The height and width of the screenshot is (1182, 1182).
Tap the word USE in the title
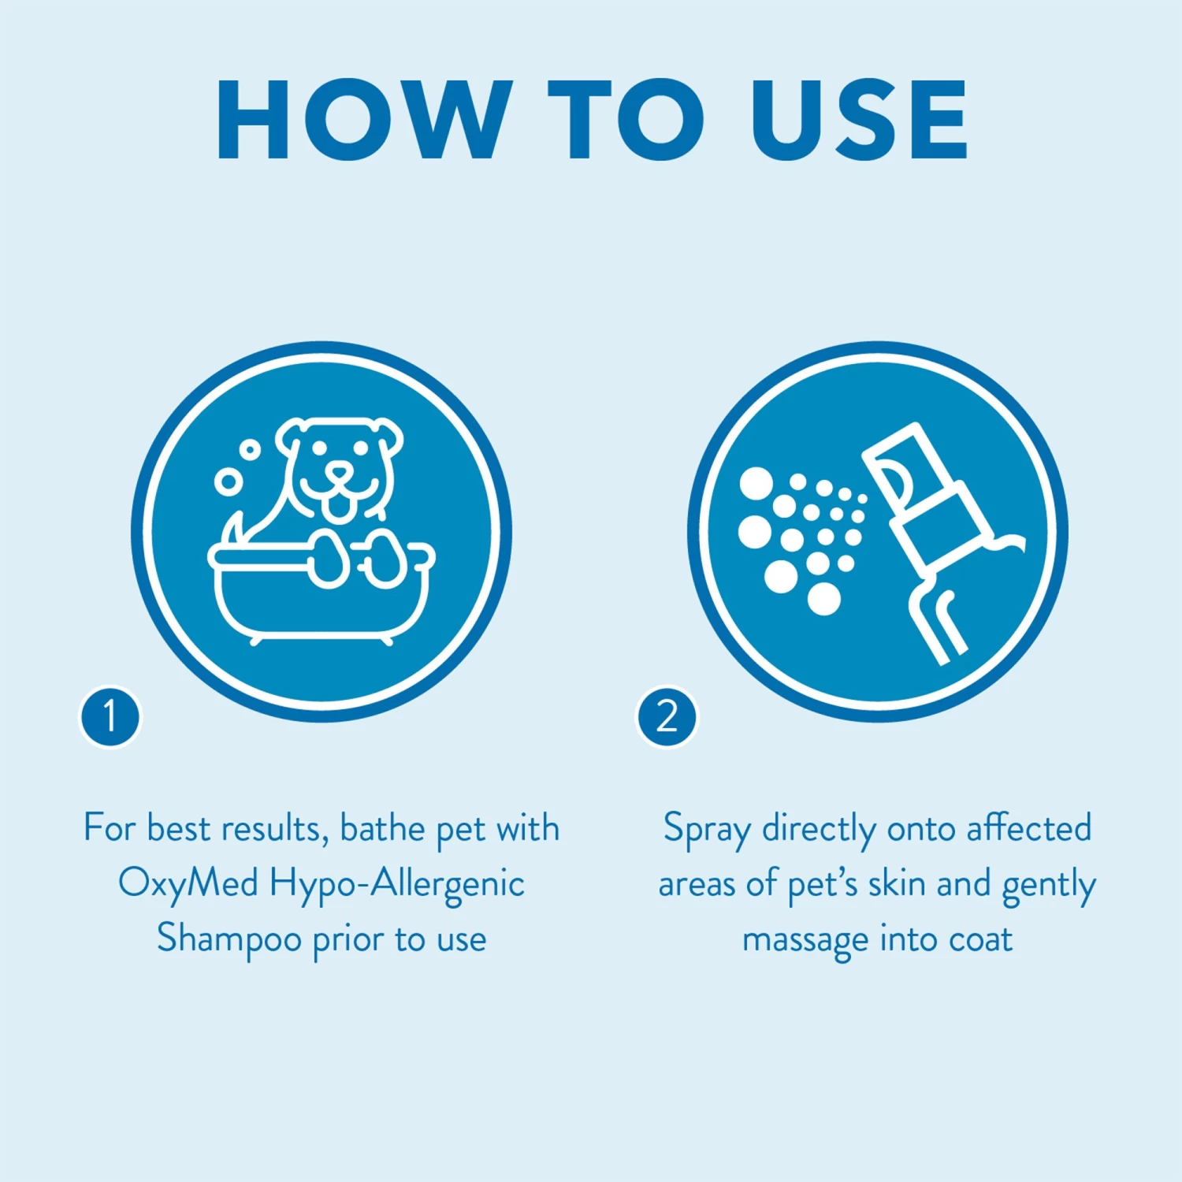pos(859,120)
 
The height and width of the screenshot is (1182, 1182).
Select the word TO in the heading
pos(626,120)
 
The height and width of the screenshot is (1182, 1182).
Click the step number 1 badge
pos(110,716)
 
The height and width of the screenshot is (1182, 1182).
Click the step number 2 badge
pos(667,716)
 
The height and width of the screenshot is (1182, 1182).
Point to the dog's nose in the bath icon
pos(340,473)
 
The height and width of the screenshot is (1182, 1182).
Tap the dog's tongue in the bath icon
pos(340,507)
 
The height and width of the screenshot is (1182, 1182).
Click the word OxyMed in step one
pos(188,883)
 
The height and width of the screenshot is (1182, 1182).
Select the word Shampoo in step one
pos(229,939)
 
